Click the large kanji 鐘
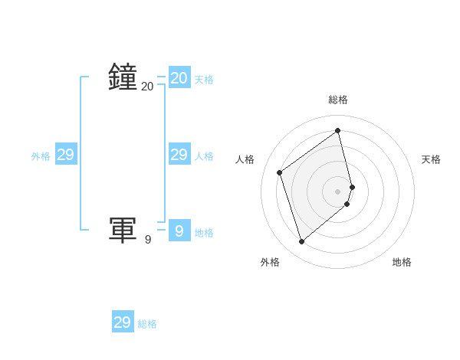[x=123, y=77]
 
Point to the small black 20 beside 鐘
[x=147, y=87]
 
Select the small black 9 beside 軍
[x=148, y=240]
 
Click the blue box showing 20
[x=179, y=77]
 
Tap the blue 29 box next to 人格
[x=179, y=155]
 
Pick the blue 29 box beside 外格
[x=66, y=155]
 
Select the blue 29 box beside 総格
[x=123, y=322]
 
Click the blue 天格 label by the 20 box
[x=204, y=80]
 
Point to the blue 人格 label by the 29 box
[x=204, y=156]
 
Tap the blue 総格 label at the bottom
[x=147, y=324]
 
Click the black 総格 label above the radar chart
[x=338, y=100]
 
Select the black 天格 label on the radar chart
[x=432, y=159]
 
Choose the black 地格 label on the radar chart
[x=402, y=262]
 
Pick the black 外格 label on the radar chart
[x=270, y=262]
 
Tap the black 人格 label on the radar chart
[x=245, y=159]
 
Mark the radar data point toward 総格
[x=338, y=130]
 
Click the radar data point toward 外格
[x=301, y=242]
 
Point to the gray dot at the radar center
[x=338, y=191]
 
